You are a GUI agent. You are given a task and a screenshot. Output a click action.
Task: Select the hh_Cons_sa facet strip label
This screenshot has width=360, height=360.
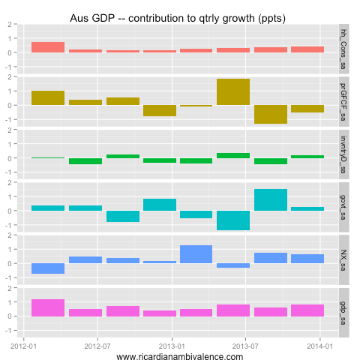tap(343, 48)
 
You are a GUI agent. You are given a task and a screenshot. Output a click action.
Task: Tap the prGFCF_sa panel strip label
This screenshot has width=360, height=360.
tap(343, 101)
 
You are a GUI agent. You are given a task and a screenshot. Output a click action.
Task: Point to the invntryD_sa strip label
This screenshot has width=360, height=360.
tap(343, 154)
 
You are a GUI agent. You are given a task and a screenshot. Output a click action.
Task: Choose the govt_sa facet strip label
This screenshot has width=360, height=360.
tap(343, 206)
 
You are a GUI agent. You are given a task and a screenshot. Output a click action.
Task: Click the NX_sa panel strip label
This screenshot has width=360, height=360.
tap(343, 259)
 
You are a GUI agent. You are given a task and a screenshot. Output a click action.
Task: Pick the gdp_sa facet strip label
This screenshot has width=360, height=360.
tap(343, 311)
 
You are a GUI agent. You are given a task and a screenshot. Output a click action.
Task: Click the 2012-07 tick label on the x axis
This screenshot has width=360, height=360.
tap(97, 346)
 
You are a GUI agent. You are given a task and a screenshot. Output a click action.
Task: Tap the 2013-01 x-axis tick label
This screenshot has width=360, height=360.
tap(172, 346)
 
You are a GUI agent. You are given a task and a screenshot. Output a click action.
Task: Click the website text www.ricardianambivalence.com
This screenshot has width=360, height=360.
tap(180, 357)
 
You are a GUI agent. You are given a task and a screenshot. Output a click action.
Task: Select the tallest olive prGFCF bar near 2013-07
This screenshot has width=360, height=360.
tap(233, 91)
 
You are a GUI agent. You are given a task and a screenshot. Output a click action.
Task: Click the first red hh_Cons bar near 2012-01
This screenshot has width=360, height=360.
tap(48, 47)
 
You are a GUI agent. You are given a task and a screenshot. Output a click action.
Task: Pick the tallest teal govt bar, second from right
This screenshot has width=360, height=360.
tap(270, 199)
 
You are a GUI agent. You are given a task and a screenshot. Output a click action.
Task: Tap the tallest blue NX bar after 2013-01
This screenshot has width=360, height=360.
tap(196, 254)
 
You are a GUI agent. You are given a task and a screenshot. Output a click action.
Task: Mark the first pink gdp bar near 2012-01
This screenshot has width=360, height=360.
tap(48, 307)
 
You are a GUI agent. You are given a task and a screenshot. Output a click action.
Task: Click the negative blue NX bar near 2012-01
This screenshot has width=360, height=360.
tap(48, 268)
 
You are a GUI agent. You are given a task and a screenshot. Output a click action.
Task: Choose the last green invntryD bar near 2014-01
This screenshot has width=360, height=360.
tap(307, 156)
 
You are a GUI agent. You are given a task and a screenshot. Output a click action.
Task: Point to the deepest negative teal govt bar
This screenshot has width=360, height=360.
tap(233, 220)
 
